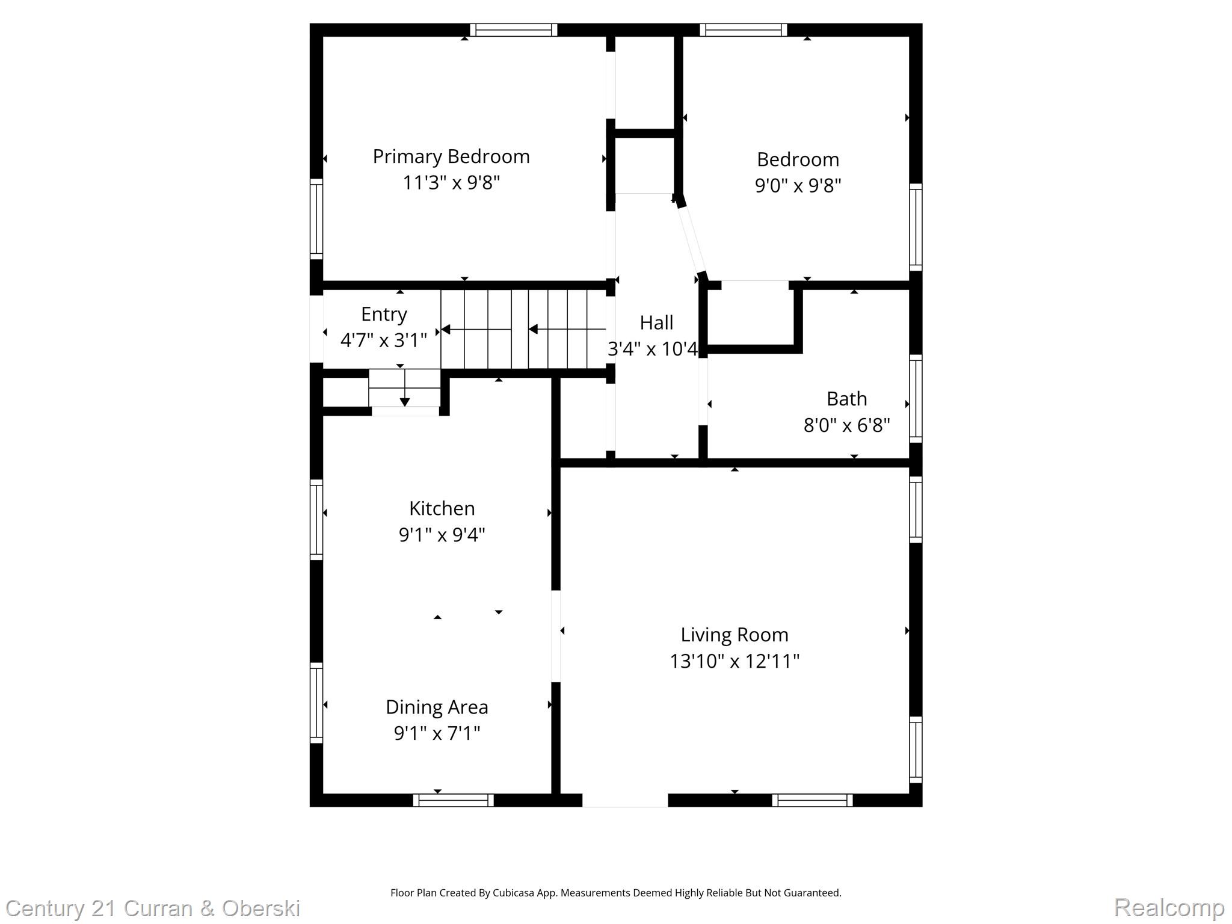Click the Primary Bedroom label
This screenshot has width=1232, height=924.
[x=451, y=156]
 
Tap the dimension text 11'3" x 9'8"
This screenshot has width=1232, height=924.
[x=451, y=182]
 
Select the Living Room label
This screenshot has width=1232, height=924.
[x=735, y=635]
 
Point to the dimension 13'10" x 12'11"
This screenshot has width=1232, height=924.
[x=735, y=661]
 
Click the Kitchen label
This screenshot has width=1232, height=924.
[x=442, y=508]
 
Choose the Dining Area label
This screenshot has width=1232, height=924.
[x=437, y=707]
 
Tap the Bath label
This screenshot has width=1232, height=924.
[x=846, y=399]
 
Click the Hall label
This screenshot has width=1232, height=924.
[x=656, y=323]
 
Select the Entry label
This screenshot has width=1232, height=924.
[x=384, y=314]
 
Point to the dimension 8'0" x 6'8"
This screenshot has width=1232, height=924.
[x=846, y=425]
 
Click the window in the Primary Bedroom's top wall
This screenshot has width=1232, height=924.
[x=513, y=30]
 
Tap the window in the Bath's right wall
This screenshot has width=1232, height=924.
[x=915, y=398]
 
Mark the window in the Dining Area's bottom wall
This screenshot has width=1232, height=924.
[x=454, y=800]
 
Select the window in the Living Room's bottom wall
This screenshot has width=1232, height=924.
[x=812, y=800]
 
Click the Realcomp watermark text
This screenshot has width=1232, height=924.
[x=1169, y=907]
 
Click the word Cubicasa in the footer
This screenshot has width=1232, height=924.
[x=515, y=893]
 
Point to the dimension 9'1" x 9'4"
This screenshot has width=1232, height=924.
[x=442, y=535]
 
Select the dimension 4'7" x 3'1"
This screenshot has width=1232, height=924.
[x=384, y=340]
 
